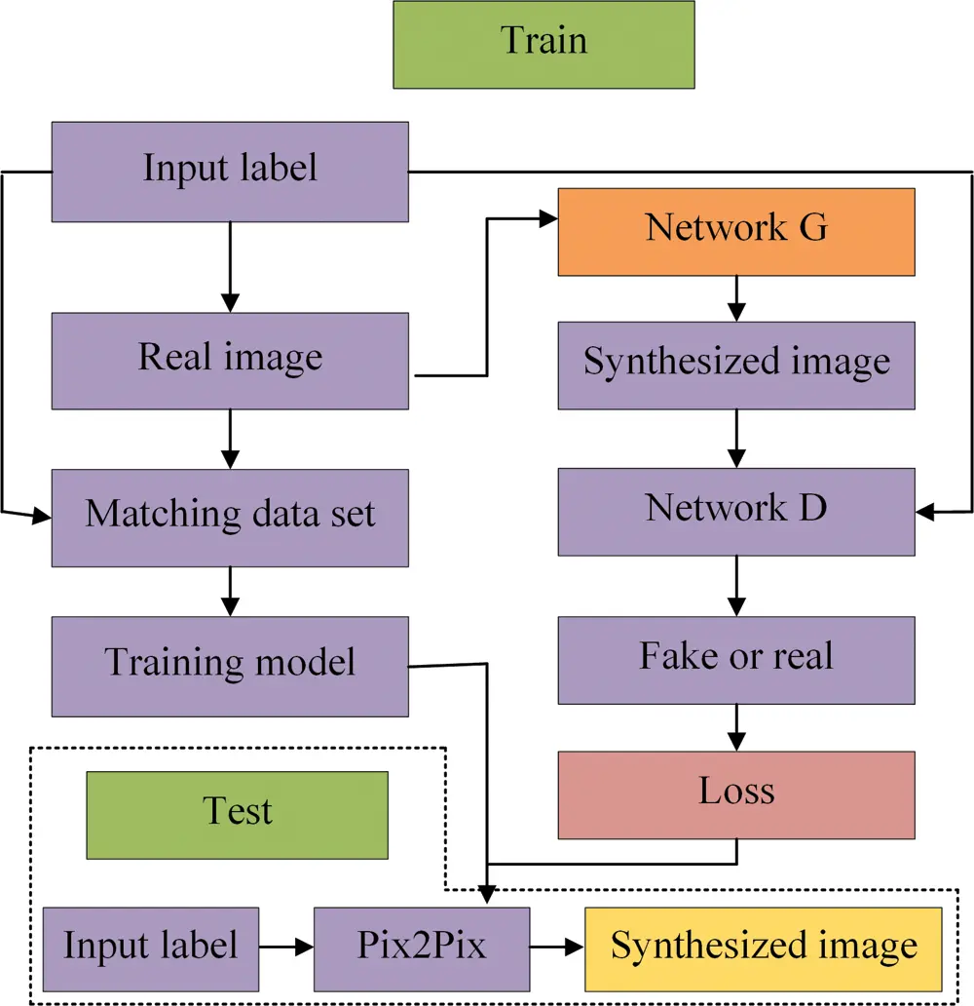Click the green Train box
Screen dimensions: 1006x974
pos(543,45)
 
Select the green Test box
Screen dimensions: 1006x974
pos(237,815)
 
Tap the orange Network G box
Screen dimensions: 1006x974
pos(736,232)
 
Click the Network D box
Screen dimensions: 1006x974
pos(736,512)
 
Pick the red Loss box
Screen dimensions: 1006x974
pos(736,794)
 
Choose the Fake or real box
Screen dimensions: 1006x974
pos(736,660)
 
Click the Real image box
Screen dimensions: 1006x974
pos(230,361)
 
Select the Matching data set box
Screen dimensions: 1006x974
pos(230,518)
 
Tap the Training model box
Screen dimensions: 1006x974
pos(230,666)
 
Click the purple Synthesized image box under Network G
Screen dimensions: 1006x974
pos(736,366)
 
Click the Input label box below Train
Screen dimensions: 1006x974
pos(230,172)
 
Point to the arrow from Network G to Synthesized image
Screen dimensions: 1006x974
pos(736,298)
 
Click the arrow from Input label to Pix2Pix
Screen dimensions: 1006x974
pos(286,947)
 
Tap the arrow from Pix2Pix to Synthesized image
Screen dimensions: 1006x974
pos(556,947)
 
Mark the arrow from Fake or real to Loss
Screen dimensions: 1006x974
pos(736,727)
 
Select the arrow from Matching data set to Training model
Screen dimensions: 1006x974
pos(230,591)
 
